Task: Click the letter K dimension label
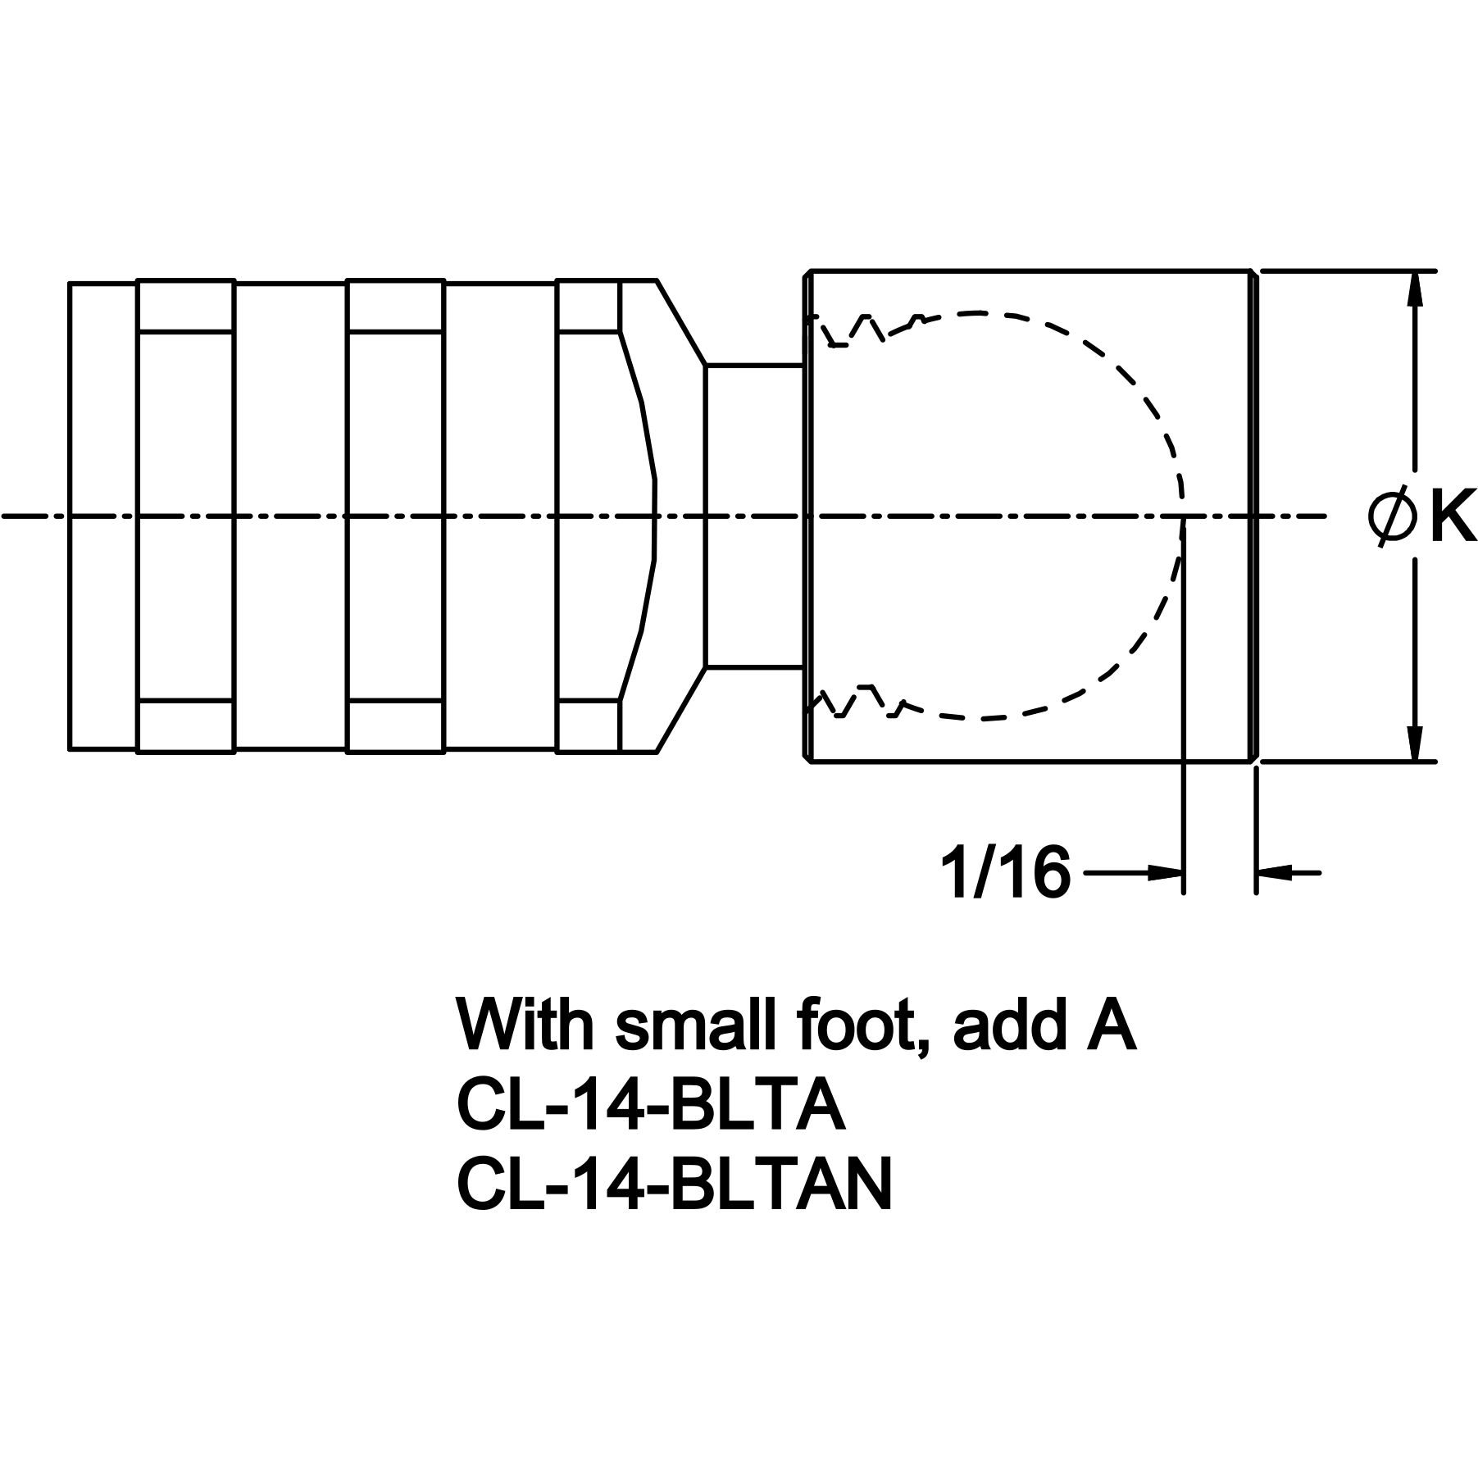point(1453,516)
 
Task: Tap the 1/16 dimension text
point(1005,874)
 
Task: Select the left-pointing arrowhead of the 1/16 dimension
point(1274,874)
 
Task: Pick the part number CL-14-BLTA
point(650,1106)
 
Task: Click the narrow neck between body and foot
point(754,516)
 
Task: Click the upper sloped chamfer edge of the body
point(681,322)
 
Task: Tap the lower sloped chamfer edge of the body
point(681,710)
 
